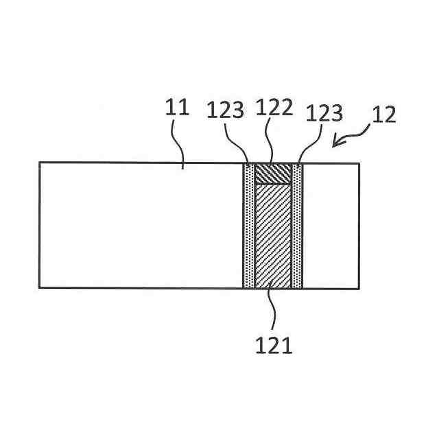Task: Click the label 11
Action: pyautogui.click(x=178, y=108)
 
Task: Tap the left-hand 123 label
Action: pyautogui.click(x=226, y=110)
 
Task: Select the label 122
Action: pyautogui.click(x=274, y=108)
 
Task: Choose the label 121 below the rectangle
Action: pyautogui.click(x=274, y=346)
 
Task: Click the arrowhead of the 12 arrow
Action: pyautogui.click(x=335, y=143)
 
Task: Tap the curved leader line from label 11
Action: pyautogui.click(x=180, y=144)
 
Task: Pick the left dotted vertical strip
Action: pyautogui.click(x=248, y=226)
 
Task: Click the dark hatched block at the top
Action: pyautogui.click(x=272, y=174)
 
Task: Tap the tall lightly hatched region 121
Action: pyautogui.click(x=272, y=237)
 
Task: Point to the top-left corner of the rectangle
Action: pyautogui.click(x=39, y=163)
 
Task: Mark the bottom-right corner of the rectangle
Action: pyautogui.click(x=359, y=288)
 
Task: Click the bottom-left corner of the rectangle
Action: pyautogui.click(x=39, y=288)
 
